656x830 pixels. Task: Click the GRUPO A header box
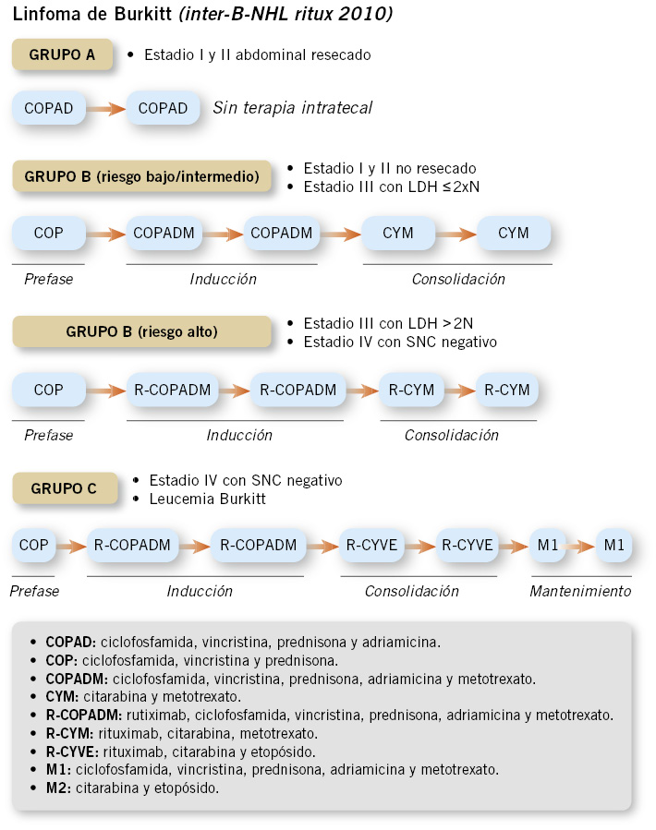(x=62, y=54)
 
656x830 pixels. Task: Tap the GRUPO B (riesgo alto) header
(x=141, y=331)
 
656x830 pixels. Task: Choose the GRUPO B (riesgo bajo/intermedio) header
(x=141, y=175)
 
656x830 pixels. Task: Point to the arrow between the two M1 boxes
(x=579, y=546)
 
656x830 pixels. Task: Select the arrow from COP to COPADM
(x=106, y=234)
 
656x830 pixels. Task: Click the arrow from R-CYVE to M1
(x=515, y=546)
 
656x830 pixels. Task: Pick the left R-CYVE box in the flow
(x=371, y=546)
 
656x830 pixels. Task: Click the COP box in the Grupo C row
(x=33, y=546)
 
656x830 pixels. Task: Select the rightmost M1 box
(x=614, y=546)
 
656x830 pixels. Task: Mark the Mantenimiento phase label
(x=580, y=591)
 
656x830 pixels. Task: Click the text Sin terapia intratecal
(x=293, y=108)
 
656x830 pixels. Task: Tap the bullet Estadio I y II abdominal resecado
(x=257, y=54)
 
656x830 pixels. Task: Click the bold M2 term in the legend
(x=57, y=788)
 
